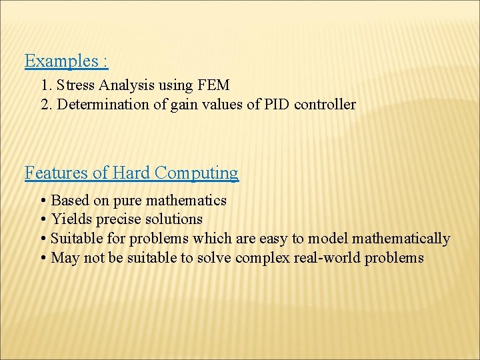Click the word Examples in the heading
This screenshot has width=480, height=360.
point(62,61)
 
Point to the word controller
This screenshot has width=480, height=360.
point(325,105)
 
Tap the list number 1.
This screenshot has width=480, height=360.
point(45,85)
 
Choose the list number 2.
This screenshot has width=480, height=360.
point(45,105)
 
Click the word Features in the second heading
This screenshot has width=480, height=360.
point(56,173)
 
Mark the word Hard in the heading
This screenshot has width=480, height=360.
point(131,173)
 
